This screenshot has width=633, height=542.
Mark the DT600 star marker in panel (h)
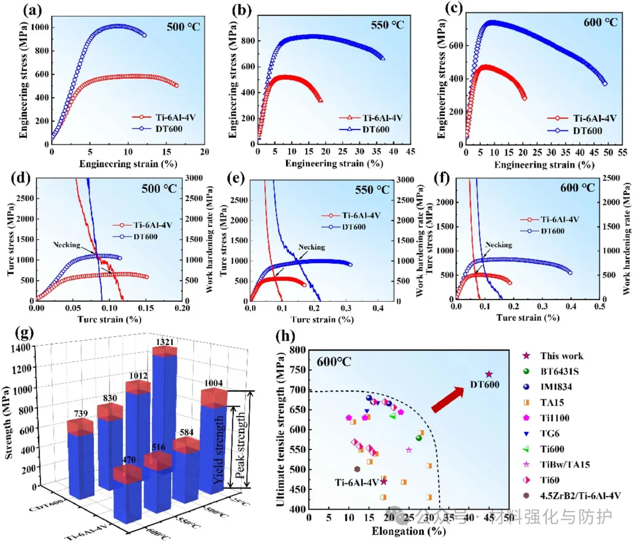tap(489, 374)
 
